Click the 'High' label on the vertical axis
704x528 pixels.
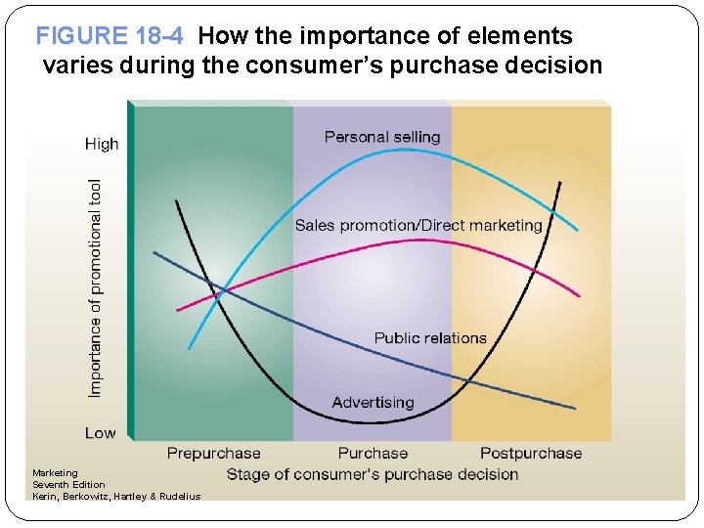point(102,144)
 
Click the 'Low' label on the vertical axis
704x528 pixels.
point(100,433)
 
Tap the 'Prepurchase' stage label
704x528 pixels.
point(213,453)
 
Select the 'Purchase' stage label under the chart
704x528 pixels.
point(373,453)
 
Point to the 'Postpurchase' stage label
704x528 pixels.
point(530,453)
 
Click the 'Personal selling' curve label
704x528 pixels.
point(382,137)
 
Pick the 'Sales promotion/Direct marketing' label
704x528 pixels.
point(418,225)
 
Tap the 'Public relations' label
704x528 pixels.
point(430,338)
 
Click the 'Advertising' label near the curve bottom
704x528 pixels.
point(373,402)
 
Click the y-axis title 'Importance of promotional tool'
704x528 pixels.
point(95,287)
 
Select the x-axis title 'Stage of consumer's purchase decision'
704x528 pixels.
point(372,474)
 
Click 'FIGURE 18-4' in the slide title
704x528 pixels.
point(109,37)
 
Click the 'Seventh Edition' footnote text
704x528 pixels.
point(68,485)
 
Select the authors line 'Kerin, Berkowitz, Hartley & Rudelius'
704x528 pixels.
point(115,497)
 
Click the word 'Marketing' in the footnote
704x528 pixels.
point(55,473)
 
